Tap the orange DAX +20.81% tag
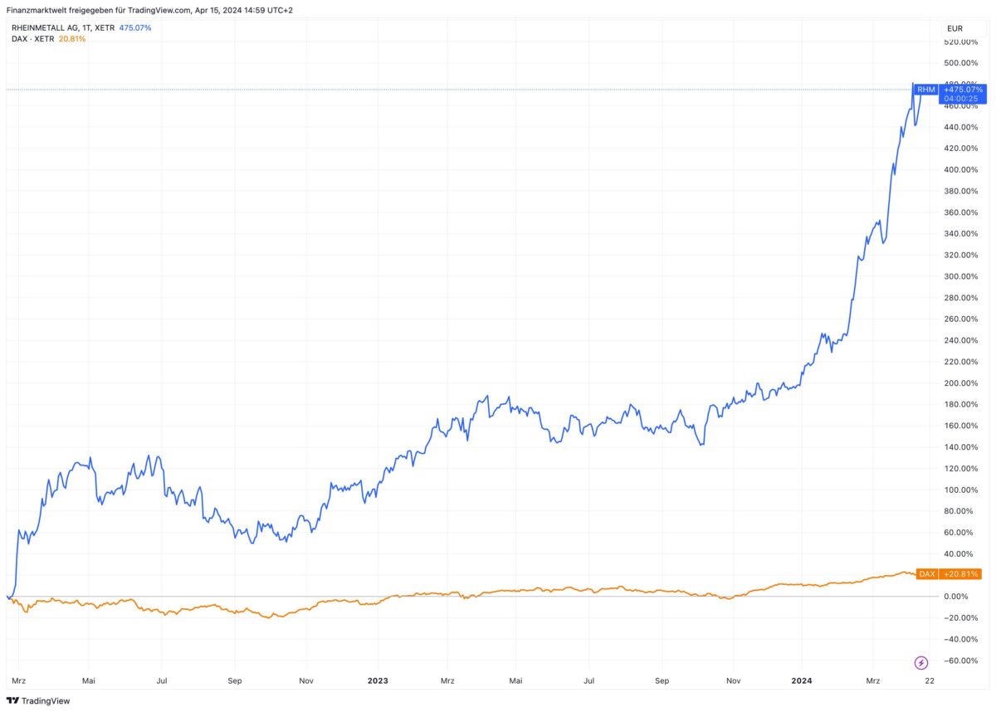pos(949,573)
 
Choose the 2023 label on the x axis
pos(378,680)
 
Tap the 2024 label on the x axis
pos(802,680)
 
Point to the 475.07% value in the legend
pos(134,27)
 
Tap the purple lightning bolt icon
pos(922,662)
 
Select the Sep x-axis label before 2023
pos(234,680)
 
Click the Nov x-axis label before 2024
pos(733,680)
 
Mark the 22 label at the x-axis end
pos(930,680)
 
